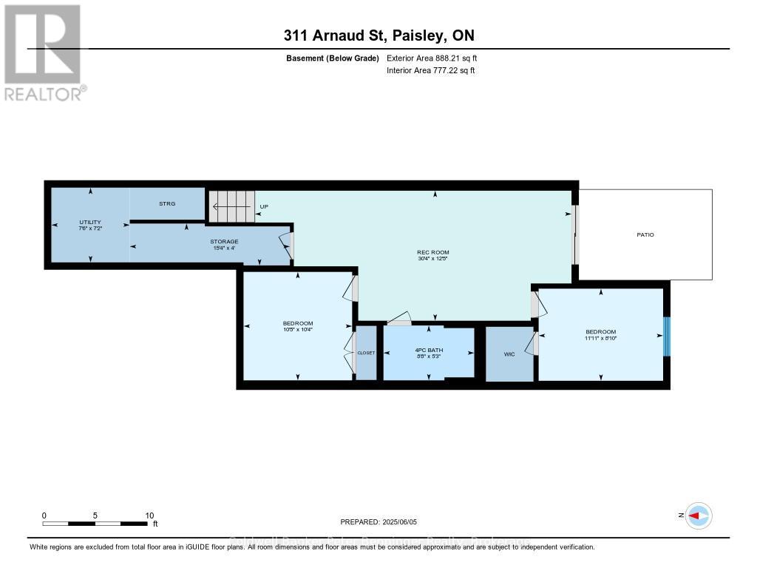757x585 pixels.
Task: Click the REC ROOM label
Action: pyautogui.click(x=432, y=253)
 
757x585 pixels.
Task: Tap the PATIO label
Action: pyautogui.click(x=645, y=234)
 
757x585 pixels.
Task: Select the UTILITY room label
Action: pyautogui.click(x=90, y=222)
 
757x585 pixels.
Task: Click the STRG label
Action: pyautogui.click(x=167, y=203)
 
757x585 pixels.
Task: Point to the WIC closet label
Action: pyautogui.click(x=509, y=355)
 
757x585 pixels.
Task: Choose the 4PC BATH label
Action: pyautogui.click(x=428, y=350)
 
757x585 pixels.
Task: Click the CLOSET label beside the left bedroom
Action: pyautogui.click(x=366, y=353)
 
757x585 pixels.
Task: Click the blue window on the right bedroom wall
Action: pyautogui.click(x=666, y=336)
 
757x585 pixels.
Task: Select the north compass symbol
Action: pyautogui.click(x=698, y=516)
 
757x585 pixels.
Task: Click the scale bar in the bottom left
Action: pyautogui.click(x=95, y=523)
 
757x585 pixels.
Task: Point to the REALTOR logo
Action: pyautogui.click(x=44, y=53)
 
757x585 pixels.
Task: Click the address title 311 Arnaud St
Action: pyautogui.click(x=378, y=35)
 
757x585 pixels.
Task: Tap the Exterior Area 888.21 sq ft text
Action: pyautogui.click(x=437, y=58)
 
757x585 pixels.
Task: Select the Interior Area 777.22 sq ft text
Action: pyautogui.click(x=430, y=70)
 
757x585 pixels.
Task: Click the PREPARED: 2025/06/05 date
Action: pyautogui.click(x=378, y=521)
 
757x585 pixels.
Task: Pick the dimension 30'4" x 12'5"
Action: pyautogui.click(x=432, y=259)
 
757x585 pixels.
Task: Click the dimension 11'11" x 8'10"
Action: pyautogui.click(x=600, y=339)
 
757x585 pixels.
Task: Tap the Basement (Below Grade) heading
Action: pyautogui.click(x=332, y=58)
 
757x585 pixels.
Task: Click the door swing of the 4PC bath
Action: pyautogui.click(x=399, y=319)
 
